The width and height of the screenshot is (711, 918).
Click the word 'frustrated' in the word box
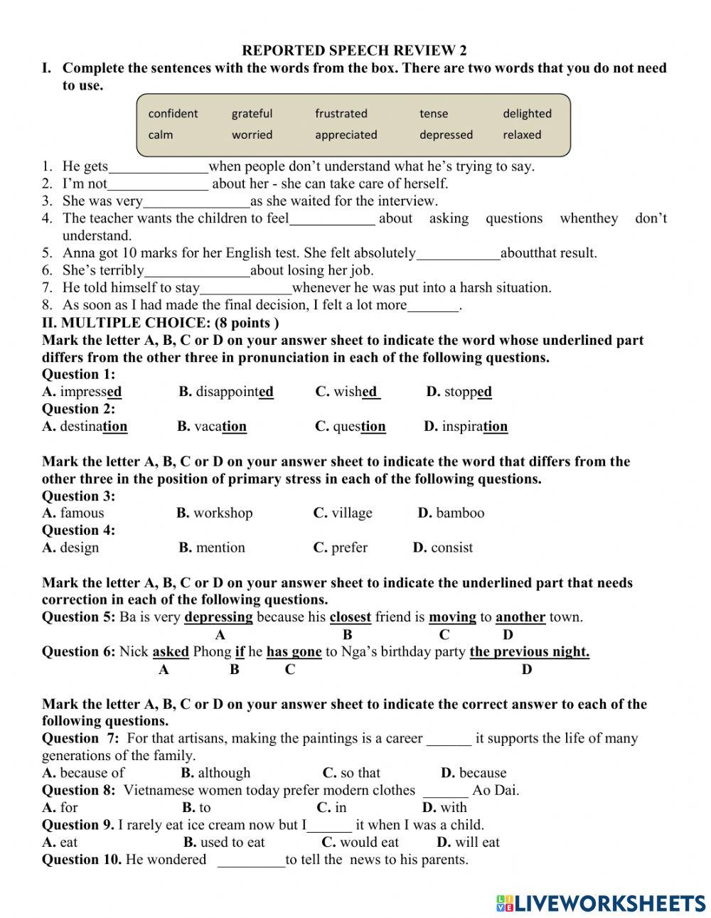point(341,114)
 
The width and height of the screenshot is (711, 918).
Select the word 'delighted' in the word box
point(527,114)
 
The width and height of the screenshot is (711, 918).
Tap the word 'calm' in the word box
point(160,135)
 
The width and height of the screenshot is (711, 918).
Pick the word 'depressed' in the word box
point(446,135)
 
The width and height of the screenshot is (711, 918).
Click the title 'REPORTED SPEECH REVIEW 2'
point(355,50)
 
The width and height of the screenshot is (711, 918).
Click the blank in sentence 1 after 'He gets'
point(158,168)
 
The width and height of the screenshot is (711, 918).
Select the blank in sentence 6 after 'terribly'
point(197,271)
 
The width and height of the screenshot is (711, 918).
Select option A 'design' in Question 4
point(79,548)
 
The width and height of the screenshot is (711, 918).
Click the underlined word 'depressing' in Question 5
point(218,617)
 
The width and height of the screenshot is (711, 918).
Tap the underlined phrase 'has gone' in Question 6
point(294,652)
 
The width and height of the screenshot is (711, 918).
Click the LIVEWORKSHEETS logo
point(601,903)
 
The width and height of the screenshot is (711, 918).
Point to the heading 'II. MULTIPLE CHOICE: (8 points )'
point(160,323)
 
